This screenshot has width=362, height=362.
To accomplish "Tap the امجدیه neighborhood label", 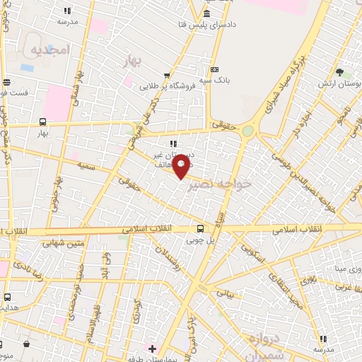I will coord(48,50).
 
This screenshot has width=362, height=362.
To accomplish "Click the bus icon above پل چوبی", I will coord(200,228).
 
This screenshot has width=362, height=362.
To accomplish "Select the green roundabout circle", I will coord(247,131).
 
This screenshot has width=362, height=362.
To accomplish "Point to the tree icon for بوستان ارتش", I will coord(339,72).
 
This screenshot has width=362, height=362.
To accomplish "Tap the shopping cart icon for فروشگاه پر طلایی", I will coord(167,76).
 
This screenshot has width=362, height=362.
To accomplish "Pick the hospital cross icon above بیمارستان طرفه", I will coord(153,349).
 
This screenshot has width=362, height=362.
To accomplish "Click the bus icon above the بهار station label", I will coord(43,122).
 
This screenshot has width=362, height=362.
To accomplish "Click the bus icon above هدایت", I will coord(7,297).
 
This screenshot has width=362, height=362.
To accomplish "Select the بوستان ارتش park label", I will coord(344,83).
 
